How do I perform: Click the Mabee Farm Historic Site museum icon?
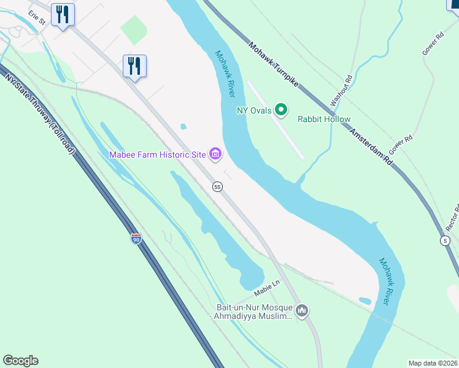[215, 154]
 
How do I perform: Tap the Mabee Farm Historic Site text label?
[157, 155]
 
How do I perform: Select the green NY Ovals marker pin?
[281, 110]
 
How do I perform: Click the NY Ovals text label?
[254, 111]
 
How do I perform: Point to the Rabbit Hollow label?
[324, 119]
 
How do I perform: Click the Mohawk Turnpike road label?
[273, 64]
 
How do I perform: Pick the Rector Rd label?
[452, 217]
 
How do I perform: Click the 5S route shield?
[217, 186]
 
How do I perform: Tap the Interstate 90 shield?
[136, 239]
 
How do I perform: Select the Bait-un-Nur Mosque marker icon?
[301, 311]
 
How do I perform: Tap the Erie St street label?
[37, 17]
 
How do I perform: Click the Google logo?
[20, 361]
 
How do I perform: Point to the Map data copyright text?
[433, 362]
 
